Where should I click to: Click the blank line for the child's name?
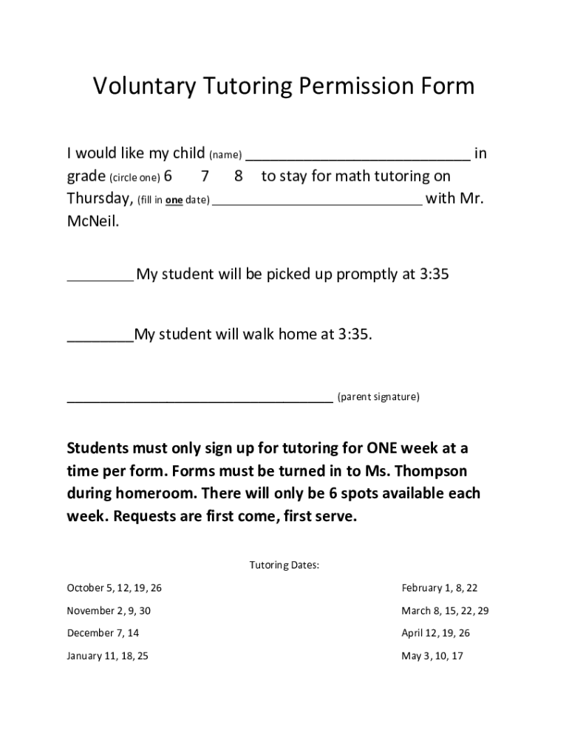tap(357, 157)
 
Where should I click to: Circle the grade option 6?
tap(168, 176)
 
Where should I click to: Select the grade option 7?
tap(205, 176)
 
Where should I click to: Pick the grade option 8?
tap(238, 176)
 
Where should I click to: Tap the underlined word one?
tap(174, 200)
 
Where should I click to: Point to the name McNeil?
tap(92, 221)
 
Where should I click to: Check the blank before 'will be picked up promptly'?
tap(100, 279)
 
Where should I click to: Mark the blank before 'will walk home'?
tap(100, 340)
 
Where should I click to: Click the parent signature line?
tap(200, 401)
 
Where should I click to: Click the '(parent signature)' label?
tap(378, 397)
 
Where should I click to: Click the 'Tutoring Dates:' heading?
tap(284, 566)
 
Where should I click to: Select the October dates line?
tap(114, 588)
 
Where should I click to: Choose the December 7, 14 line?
tap(103, 633)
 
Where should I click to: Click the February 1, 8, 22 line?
tap(439, 588)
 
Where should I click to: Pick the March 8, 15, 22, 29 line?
tap(445, 611)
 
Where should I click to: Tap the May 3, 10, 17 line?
tap(432, 656)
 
